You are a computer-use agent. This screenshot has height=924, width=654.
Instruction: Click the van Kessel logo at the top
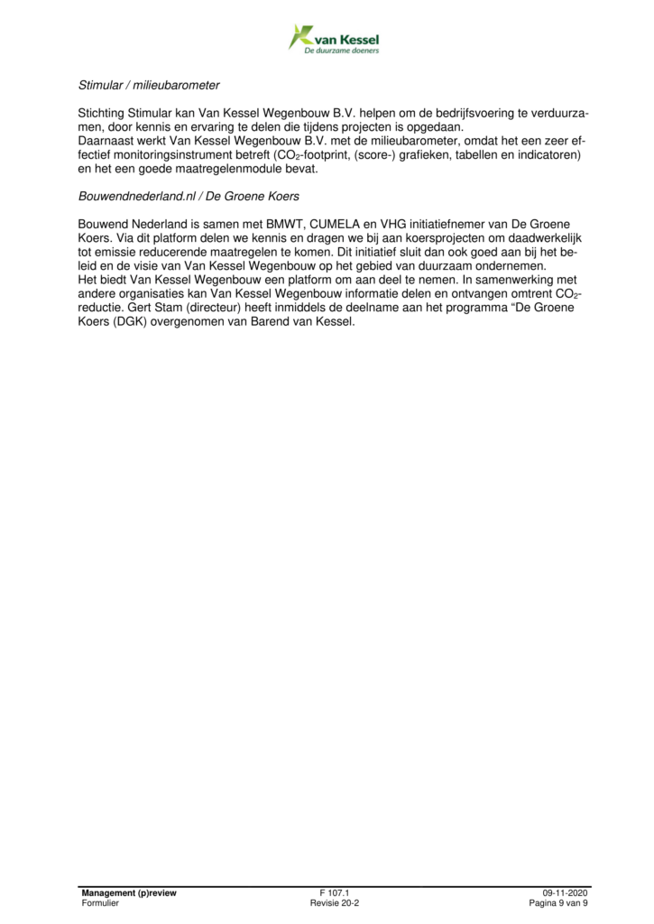click(x=333, y=39)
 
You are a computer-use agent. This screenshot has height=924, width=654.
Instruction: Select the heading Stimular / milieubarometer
click(x=149, y=86)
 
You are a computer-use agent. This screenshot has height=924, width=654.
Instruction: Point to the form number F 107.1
click(x=335, y=892)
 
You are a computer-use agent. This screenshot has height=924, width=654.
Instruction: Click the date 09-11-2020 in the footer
click(x=566, y=892)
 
